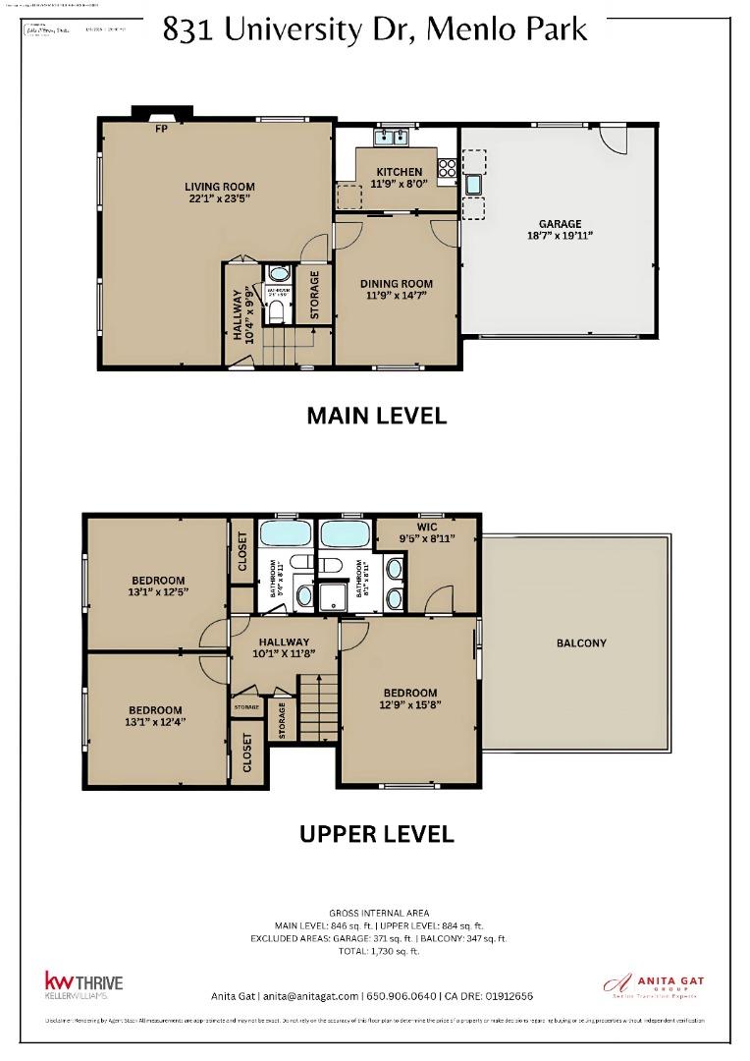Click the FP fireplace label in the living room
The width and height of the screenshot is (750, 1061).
pos(160,128)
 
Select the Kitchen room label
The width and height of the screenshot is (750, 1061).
pos(400,172)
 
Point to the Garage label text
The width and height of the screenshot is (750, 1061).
pos(560,223)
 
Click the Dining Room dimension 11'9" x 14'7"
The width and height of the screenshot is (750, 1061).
pos(398,297)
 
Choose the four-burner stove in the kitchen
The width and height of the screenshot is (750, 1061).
pos(447,168)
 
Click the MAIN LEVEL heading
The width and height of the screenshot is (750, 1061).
pos(376,416)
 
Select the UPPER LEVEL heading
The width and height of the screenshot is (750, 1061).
pos(376,834)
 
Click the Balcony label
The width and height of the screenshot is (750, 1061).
pos(581,643)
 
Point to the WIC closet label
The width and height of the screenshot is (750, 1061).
pos(426,527)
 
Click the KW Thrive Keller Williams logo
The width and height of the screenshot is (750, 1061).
pos(83,984)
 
